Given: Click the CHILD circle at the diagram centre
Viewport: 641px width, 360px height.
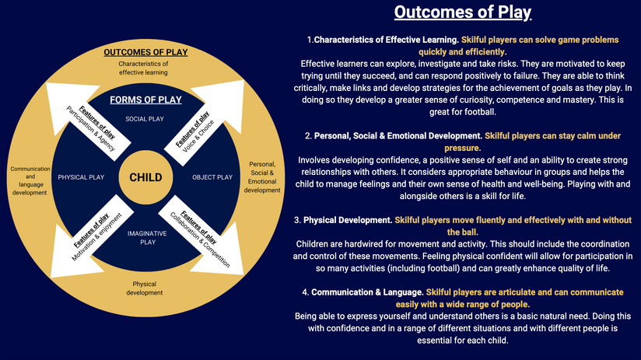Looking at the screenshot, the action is (145, 177).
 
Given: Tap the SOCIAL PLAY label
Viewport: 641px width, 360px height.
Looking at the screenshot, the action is (145, 119).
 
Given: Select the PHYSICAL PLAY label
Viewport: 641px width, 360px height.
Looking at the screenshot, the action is (81, 177).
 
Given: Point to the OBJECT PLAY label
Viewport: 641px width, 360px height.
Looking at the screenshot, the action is (212, 177).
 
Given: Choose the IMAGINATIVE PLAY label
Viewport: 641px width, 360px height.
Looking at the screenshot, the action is (147, 238).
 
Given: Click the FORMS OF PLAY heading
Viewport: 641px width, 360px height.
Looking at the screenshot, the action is (145, 100).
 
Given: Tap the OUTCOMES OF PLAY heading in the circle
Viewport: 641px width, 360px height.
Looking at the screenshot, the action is (145, 52).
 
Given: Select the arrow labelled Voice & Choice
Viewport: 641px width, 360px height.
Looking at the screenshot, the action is (205, 123).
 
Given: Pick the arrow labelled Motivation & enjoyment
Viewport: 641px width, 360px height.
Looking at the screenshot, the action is (92, 236).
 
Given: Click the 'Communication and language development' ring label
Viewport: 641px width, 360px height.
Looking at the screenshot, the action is (30, 180).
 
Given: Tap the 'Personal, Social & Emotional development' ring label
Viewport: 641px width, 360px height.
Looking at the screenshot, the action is (262, 177).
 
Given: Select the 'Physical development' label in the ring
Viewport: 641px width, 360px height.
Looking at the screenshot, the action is (145, 288).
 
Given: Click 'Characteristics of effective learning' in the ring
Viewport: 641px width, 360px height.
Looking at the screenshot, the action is (143, 68).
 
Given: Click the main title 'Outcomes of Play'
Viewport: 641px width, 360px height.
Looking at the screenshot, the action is (463, 12).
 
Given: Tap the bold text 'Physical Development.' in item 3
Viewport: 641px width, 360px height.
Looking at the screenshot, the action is (348, 220).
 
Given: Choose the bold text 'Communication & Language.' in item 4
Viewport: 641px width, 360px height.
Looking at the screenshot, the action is (367, 292).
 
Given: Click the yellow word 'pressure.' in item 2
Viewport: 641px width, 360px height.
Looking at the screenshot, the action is (463, 148).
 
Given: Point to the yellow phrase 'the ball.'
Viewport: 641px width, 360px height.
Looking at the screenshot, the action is (463, 232).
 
